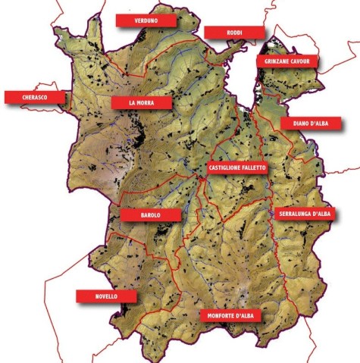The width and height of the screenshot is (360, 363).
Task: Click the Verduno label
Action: click(145, 20)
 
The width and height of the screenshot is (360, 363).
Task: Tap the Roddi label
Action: click(234, 33)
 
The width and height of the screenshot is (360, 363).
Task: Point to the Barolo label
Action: click(150, 215)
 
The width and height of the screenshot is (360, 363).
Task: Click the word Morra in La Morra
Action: click(148, 102)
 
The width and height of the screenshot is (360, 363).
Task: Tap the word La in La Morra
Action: click(133, 102)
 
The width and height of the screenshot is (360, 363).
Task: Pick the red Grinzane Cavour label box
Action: click(288, 61)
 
